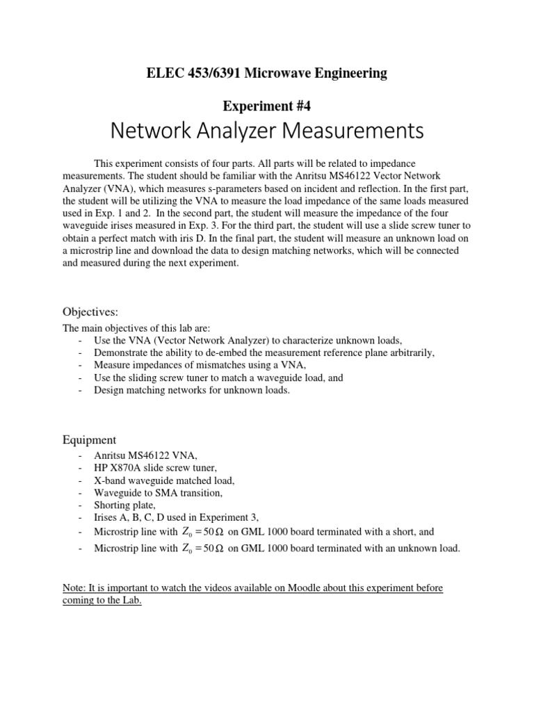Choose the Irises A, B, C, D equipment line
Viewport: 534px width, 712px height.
[177, 517]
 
